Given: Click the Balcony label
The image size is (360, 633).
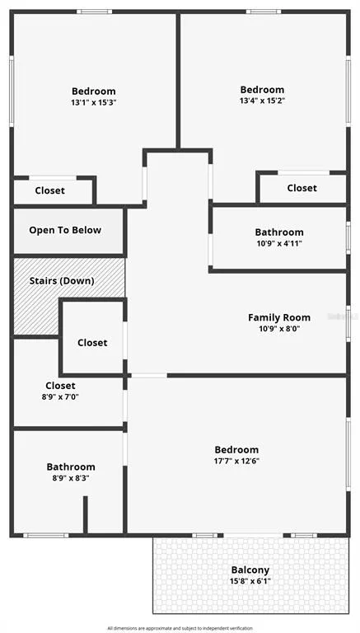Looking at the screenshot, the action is point(250,570).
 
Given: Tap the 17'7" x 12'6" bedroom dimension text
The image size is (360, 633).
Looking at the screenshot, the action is point(236,461).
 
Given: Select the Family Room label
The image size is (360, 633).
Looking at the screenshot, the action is point(279,317).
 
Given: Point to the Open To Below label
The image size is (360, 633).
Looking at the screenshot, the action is point(65,230).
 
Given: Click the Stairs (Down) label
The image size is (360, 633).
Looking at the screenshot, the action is point(62,281).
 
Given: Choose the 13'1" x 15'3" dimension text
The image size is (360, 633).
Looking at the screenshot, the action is point(94,102).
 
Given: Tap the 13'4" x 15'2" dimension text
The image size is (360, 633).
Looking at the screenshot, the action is point(262,101).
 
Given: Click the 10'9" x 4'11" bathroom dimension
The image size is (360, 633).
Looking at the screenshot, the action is point(279,243).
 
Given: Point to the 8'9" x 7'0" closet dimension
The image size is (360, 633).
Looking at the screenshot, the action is point(60,396).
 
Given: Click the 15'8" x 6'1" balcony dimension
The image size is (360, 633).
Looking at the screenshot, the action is point(250,581).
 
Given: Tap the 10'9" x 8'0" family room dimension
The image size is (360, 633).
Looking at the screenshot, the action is point(279,329).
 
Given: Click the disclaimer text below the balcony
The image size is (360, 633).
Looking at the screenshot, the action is point(180,628).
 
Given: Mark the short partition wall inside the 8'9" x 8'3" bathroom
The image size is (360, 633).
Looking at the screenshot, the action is point(85,514).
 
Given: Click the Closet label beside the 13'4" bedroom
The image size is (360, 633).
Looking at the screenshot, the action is point(302,188).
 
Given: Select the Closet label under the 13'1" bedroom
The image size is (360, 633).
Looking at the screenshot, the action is point(50,190).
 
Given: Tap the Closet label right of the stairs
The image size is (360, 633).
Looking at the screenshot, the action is point(92,343).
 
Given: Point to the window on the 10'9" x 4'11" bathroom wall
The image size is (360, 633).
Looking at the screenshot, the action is point(348,237).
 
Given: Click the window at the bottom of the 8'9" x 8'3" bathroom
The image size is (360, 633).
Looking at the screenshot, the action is point(45,535).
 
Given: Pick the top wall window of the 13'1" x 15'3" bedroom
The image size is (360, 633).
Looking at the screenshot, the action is point(95,12).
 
